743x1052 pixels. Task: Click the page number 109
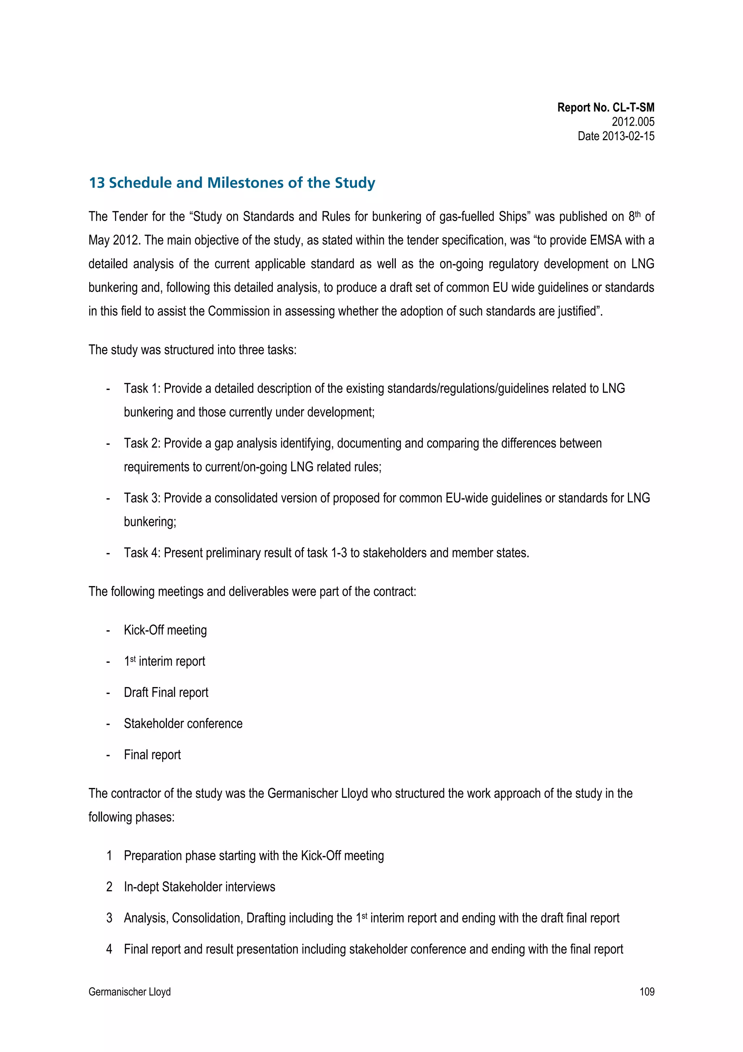(646, 992)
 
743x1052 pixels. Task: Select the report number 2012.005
(633, 122)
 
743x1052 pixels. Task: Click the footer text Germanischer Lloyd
(130, 992)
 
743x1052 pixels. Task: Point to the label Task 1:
(142, 389)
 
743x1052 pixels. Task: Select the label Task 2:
(142, 443)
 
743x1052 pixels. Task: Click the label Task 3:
(142, 498)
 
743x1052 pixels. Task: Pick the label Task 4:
(142, 553)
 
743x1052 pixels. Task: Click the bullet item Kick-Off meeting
(165, 630)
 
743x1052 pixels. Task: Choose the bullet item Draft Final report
(166, 693)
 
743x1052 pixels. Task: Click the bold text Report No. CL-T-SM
(605, 108)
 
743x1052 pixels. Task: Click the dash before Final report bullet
(108, 755)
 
